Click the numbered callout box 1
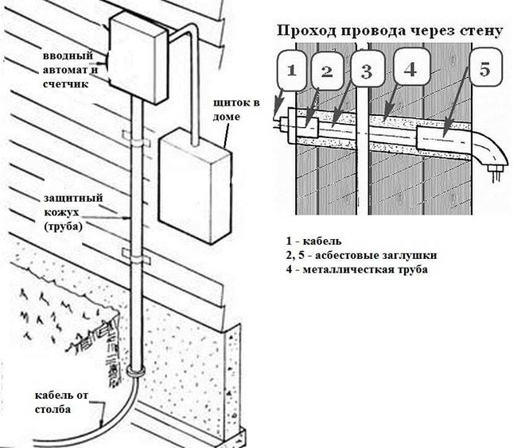[x=291, y=69]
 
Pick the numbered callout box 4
[x=410, y=70]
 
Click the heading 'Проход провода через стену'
[x=389, y=32]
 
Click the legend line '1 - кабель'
[x=315, y=241]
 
